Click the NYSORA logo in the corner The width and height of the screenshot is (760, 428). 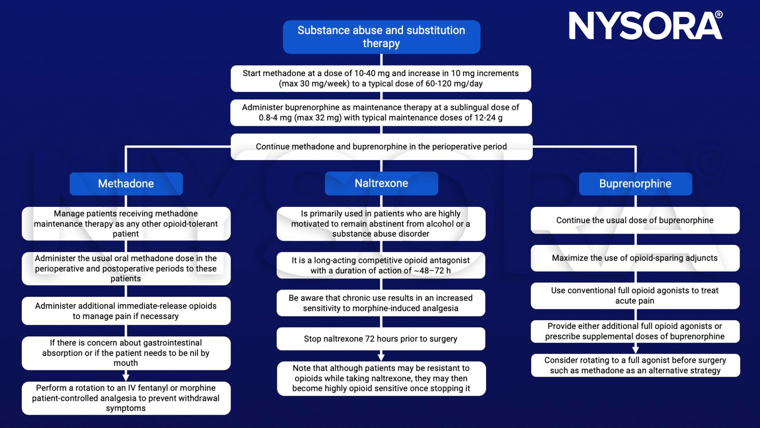[645, 26]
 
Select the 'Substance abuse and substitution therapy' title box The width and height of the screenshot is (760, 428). [381, 37]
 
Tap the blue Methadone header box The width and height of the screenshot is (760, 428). [126, 183]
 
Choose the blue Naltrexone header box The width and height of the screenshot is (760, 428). [381, 183]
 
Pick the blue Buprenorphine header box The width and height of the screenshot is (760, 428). [635, 183]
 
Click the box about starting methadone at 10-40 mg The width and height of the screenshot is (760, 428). [380, 78]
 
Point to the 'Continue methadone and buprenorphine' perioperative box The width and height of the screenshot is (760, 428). [381, 147]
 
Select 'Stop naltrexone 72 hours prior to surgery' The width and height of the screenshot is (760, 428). [380, 339]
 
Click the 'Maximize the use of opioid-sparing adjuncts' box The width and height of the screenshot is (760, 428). [635, 258]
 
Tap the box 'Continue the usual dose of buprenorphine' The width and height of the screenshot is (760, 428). [635, 220]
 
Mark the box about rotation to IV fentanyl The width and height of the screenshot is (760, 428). [126, 398]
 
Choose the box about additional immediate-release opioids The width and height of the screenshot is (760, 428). [126, 311]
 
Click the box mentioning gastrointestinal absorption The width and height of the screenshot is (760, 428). [126, 353]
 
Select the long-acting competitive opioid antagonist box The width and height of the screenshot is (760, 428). [380, 265]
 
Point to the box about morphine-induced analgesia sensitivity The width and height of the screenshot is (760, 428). [380, 303]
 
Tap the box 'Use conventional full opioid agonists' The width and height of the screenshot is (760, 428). [635, 296]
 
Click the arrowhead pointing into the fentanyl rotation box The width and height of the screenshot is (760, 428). [126, 377]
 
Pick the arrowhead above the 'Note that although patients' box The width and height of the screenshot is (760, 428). [381, 357]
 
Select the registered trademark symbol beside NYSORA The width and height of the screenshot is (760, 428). [719, 15]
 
